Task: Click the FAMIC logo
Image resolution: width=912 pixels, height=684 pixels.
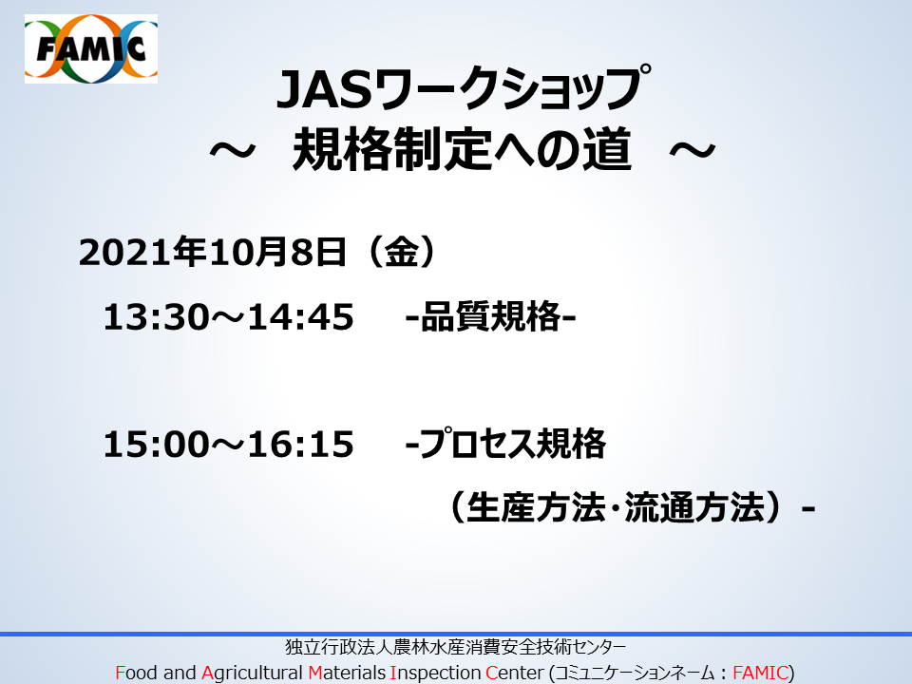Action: pyautogui.click(x=91, y=48)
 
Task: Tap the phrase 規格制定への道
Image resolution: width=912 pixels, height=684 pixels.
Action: pyautogui.click(x=462, y=149)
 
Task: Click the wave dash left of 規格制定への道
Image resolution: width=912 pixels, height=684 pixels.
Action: pyautogui.click(x=232, y=151)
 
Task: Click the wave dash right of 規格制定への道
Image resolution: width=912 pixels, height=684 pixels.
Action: pyautogui.click(x=693, y=151)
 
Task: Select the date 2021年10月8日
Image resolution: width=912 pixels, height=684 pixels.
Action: pyautogui.click(x=212, y=253)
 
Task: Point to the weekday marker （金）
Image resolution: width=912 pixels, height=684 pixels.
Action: pyautogui.click(x=401, y=253)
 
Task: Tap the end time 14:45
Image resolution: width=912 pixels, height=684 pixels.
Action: pyautogui.click(x=301, y=317)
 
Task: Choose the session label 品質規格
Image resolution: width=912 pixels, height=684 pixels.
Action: pyautogui.click(x=491, y=317)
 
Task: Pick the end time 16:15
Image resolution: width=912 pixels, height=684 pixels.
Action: pyautogui.click(x=301, y=445)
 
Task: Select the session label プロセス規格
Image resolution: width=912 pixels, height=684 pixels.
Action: pyautogui.click(x=512, y=444)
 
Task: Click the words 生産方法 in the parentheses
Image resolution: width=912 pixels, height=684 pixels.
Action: pyautogui.click(x=536, y=507)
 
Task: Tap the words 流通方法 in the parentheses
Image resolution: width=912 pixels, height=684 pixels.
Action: pyautogui.click(x=694, y=507)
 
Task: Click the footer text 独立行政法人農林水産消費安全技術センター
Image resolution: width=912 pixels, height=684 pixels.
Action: pyautogui.click(x=455, y=647)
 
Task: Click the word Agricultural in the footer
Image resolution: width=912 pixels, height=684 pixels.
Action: pyautogui.click(x=253, y=673)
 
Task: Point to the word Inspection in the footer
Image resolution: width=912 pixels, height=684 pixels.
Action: pyautogui.click(x=436, y=673)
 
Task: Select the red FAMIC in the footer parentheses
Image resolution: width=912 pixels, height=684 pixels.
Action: pyautogui.click(x=760, y=673)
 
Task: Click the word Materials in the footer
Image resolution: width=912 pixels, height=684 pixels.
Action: pyautogui.click(x=348, y=673)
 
